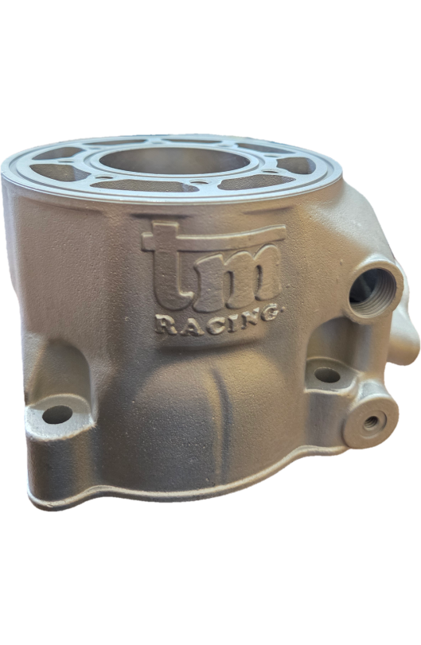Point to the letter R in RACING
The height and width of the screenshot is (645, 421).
[x=166, y=325]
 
